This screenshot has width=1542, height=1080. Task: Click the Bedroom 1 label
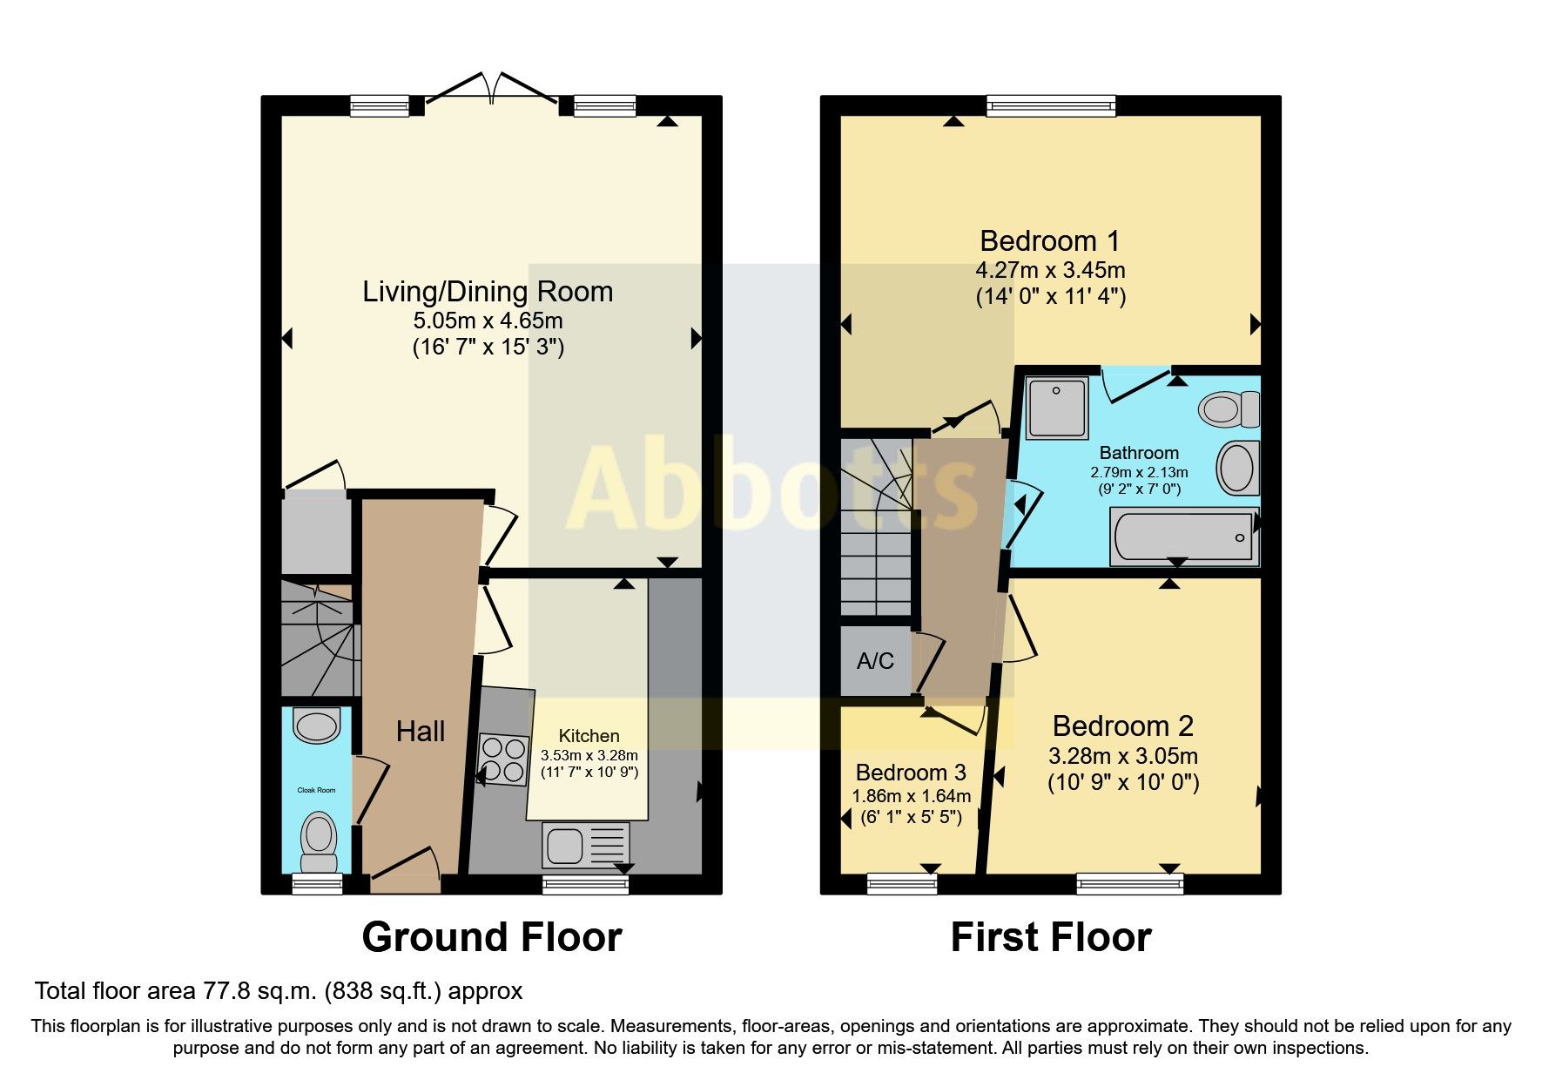(x=1049, y=240)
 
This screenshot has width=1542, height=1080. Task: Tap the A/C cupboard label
(x=875, y=661)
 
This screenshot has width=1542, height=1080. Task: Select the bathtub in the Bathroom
(x=1184, y=537)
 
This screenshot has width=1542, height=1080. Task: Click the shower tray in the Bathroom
(x=1057, y=407)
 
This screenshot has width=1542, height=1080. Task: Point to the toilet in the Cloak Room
(x=319, y=840)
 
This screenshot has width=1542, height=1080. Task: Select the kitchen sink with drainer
(x=586, y=845)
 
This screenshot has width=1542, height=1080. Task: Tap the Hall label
(x=421, y=732)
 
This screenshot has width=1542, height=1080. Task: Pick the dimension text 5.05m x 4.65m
(x=488, y=321)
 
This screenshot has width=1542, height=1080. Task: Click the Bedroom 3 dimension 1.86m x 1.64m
(x=911, y=796)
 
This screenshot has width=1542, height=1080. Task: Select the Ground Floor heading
(x=492, y=938)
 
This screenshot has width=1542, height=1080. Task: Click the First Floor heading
(x=1051, y=938)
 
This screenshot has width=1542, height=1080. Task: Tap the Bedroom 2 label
(x=1122, y=726)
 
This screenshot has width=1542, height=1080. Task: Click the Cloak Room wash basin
(x=317, y=726)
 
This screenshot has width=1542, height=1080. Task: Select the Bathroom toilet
(x=1228, y=408)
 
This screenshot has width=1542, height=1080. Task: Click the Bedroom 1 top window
(x=1051, y=106)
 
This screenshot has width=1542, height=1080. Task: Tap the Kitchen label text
(x=589, y=736)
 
